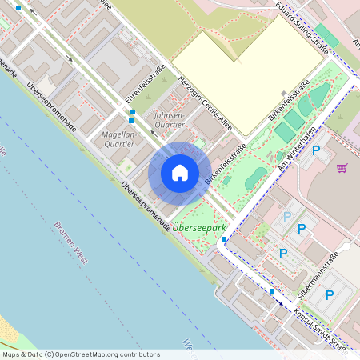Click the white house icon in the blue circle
[x=180, y=173]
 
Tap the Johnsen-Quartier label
[x=168, y=120]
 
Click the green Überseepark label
[x=199, y=228]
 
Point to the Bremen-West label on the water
[x=70, y=241]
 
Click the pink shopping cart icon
[x=342, y=167]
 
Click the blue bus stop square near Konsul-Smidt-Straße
[x=272, y=291]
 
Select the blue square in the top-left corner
[x=18, y=7]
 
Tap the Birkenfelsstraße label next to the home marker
[x=225, y=164]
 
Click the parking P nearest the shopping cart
[x=316, y=150]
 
